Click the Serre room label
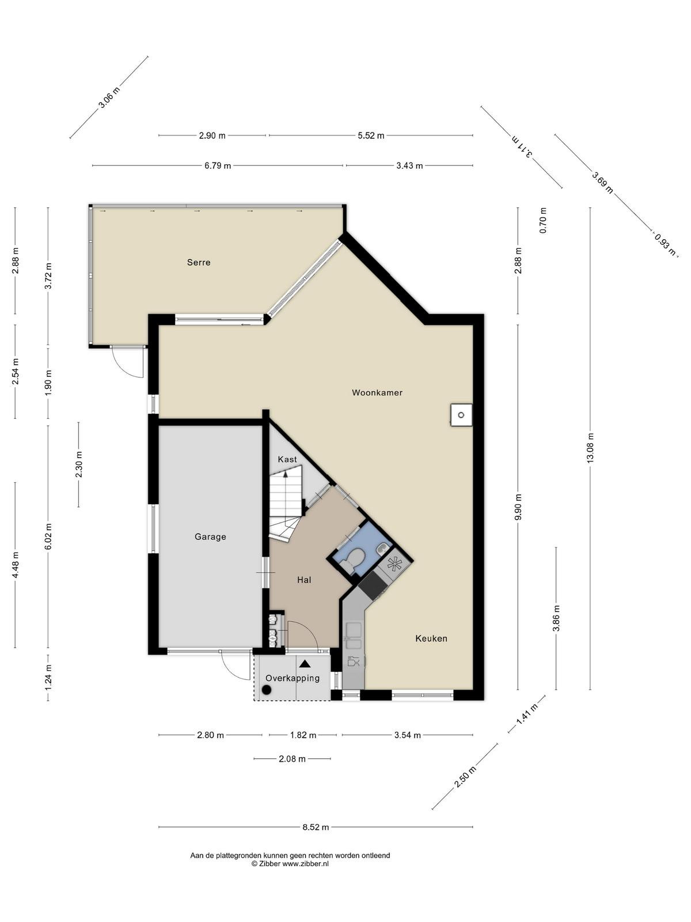click(x=199, y=263)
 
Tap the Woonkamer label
click(x=377, y=393)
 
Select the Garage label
click(x=210, y=537)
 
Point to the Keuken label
click(x=431, y=638)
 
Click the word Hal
click(x=304, y=580)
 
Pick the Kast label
click(x=287, y=459)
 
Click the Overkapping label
click(x=293, y=678)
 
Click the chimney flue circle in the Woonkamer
click(x=461, y=415)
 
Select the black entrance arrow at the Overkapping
click(x=305, y=664)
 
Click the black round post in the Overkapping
click(x=266, y=689)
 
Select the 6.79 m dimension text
click(x=218, y=165)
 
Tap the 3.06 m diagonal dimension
click(x=109, y=97)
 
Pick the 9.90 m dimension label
click(x=518, y=507)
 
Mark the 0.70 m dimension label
click(x=544, y=221)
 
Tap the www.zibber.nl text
click(x=305, y=864)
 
